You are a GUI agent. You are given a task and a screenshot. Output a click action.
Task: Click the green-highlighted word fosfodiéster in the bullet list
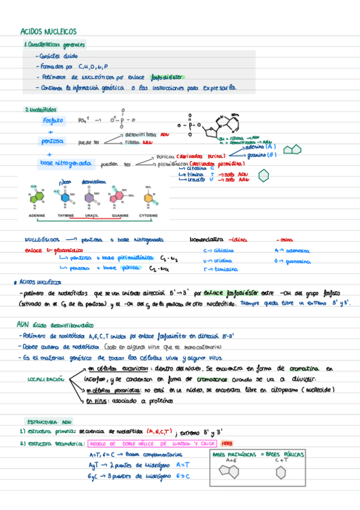[168, 77]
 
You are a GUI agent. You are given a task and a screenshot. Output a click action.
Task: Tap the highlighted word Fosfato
[53, 120]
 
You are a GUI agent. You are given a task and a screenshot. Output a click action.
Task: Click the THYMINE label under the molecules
[66, 215]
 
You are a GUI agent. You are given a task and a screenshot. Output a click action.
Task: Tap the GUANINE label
[119, 215]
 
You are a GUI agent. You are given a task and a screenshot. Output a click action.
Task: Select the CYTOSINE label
[148, 215]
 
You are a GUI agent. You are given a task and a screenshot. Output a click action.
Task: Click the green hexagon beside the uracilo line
[263, 175]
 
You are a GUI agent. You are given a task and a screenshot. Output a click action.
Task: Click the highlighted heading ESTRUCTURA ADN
[49, 422]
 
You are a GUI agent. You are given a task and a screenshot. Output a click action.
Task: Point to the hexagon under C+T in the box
[281, 473]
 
